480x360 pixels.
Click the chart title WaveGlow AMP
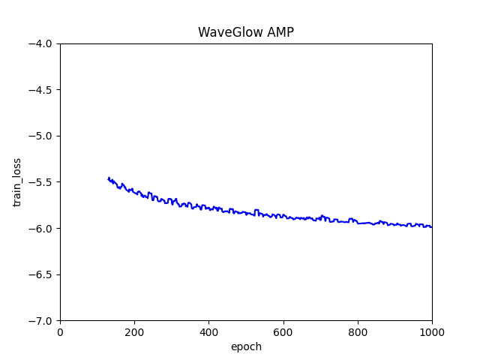point(245,32)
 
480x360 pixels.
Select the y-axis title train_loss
point(17,181)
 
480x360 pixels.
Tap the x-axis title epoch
point(246,346)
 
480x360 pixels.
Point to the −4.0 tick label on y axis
point(40,43)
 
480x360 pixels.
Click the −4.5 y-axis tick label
point(40,90)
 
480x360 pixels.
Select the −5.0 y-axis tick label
point(40,136)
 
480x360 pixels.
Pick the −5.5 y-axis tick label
point(40,182)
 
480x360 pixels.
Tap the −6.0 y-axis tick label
point(40,228)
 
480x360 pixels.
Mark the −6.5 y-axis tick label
point(40,274)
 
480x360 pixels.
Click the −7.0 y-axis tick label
point(40,320)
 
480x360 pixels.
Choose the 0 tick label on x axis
point(60,332)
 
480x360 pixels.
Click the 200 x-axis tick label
point(134,332)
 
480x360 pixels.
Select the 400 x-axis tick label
point(208,332)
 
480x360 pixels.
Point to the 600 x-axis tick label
point(283,332)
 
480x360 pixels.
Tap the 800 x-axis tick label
point(358,332)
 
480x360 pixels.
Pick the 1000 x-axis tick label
point(432,332)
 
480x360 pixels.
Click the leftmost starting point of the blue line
point(109,178)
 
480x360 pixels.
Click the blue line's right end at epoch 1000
point(431,226)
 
